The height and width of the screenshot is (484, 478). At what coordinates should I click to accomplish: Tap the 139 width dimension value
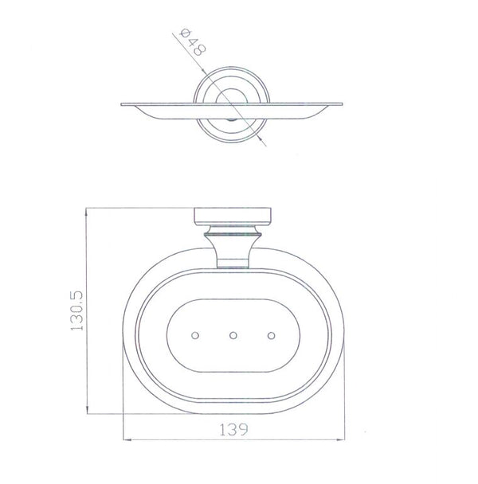click(x=233, y=429)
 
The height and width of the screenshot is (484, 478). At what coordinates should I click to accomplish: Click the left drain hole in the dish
click(x=197, y=336)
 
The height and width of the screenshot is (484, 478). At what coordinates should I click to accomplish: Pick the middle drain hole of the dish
click(x=233, y=336)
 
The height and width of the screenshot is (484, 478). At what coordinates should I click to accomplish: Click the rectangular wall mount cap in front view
click(x=233, y=217)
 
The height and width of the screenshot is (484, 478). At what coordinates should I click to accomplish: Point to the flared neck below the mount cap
click(x=233, y=243)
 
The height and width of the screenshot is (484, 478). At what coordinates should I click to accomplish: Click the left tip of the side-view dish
click(x=122, y=105)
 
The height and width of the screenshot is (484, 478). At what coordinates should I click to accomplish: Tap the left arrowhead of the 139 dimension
click(x=127, y=439)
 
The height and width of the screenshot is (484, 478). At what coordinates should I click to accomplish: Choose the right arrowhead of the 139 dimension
click(x=342, y=439)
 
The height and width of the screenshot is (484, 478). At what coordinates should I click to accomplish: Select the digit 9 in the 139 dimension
click(x=245, y=429)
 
